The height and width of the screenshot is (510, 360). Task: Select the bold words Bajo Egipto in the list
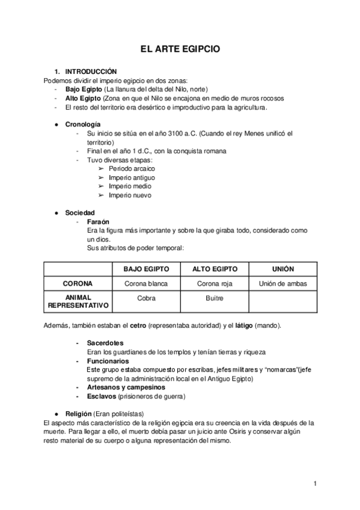coord(84,89)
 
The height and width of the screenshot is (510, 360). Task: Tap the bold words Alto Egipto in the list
coord(83,98)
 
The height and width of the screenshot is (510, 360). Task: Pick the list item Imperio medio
coord(129,186)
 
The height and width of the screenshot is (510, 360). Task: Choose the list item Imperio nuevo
coord(130,195)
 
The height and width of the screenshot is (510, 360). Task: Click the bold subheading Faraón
coord(98,221)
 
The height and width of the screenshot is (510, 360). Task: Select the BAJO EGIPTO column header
coord(146,268)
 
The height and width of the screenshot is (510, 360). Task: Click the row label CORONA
coord(77,283)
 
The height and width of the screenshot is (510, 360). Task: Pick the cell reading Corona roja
coord(214,283)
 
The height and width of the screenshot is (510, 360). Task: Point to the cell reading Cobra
coord(146,298)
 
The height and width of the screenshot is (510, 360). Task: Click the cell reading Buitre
coord(214,298)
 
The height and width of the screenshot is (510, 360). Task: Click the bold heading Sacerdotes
coord(106,343)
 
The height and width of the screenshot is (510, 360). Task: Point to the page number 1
coord(315,483)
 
